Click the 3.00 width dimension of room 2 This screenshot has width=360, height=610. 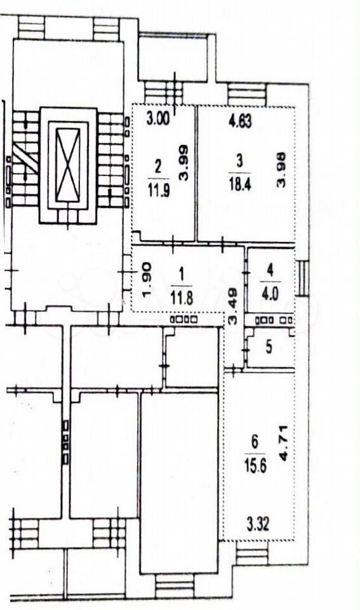158,118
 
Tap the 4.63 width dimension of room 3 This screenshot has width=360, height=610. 240,120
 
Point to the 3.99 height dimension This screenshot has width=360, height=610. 183,163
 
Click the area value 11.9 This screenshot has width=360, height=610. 158,191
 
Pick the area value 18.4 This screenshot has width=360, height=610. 240,184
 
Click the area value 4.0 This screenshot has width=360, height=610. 270,294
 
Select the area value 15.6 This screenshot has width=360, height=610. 255,466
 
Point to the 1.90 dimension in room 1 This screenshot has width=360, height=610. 147,280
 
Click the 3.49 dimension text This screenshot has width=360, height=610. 232,307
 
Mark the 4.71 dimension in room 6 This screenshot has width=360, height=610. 284,444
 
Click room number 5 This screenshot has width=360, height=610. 269,348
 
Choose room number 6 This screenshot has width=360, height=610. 255,442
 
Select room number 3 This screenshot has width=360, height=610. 239,160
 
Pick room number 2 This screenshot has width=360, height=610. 157,167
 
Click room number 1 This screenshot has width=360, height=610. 181,275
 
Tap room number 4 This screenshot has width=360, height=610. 270,270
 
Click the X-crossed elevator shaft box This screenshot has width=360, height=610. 68,165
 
